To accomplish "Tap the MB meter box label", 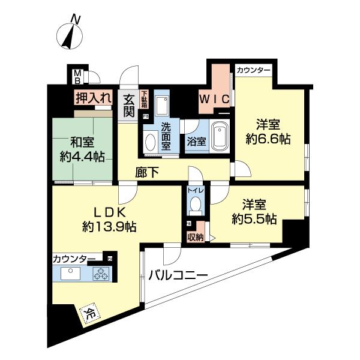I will pyautogui.click(x=77, y=76).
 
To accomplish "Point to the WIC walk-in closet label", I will pyautogui.click(x=214, y=100).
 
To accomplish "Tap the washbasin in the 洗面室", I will pyautogui.click(x=150, y=142).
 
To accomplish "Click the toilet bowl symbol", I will pyautogui.click(x=193, y=206).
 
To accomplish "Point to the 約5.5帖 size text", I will pyautogui.click(x=254, y=219).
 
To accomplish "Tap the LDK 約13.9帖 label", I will pyautogui.click(x=109, y=220).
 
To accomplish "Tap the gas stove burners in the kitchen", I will pyautogui.click(x=101, y=274).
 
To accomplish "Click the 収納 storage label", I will pyautogui.click(x=195, y=237).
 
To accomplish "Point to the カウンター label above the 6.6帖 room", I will pyautogui.click(x=253, y=70).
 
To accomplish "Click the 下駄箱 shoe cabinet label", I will pyautogui.click(x=144, y=99).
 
